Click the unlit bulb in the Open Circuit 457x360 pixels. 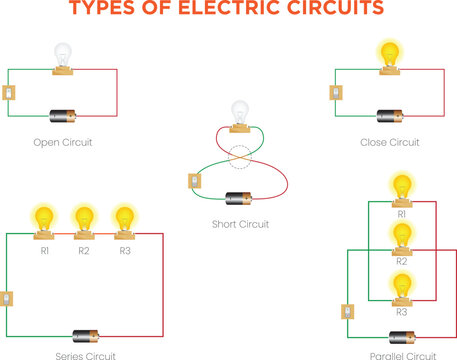click(62, 55)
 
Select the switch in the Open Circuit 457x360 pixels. click(9, 93)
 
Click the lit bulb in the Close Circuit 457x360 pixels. click(388, 55)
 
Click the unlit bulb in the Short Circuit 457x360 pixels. click(239, 113)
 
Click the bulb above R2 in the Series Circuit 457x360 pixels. click(84, 217)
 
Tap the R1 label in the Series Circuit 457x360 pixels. click(45, 250)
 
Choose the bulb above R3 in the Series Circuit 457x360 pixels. click(123, 217)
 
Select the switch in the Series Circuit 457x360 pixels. click(8, 298)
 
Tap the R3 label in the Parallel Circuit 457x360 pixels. click(402, 312)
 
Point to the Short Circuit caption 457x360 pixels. click(240, 224)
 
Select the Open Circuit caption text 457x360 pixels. click(62, 143)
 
